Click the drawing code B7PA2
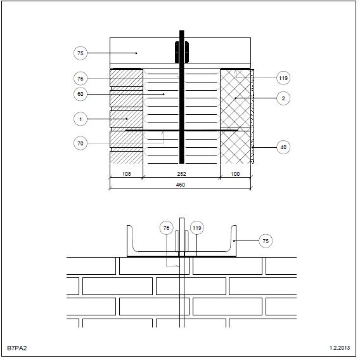coord(17,348)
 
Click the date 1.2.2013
coord(340,348)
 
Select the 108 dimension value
coord(127,174)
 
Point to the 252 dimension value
coord(181,174)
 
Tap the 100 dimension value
coord(235,174)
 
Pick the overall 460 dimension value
coord(181,185)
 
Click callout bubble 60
coord(80,94)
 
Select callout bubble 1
coord(80,119)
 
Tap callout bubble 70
coord(80,143)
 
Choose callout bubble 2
coord(283,98)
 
